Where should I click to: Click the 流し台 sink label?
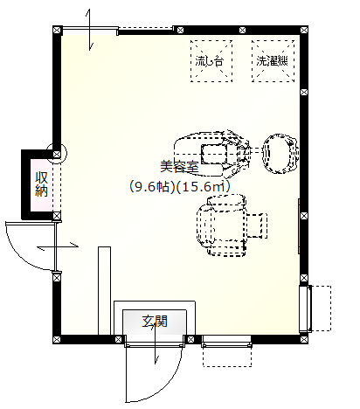210,61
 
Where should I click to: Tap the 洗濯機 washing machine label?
273,61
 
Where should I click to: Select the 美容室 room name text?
179,166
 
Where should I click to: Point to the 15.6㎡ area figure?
204,186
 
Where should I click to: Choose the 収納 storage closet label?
41,184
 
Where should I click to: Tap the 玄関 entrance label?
155,321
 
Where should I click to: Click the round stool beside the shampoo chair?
280,154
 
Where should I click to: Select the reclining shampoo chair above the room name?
211,154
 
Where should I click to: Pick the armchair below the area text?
221,225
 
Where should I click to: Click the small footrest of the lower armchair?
257,225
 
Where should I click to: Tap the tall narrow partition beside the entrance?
104,291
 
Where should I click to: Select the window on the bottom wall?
227,342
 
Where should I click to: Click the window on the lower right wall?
305,308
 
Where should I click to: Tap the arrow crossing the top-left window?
90,30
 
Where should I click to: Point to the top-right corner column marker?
304,30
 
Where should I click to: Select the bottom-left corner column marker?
57,339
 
